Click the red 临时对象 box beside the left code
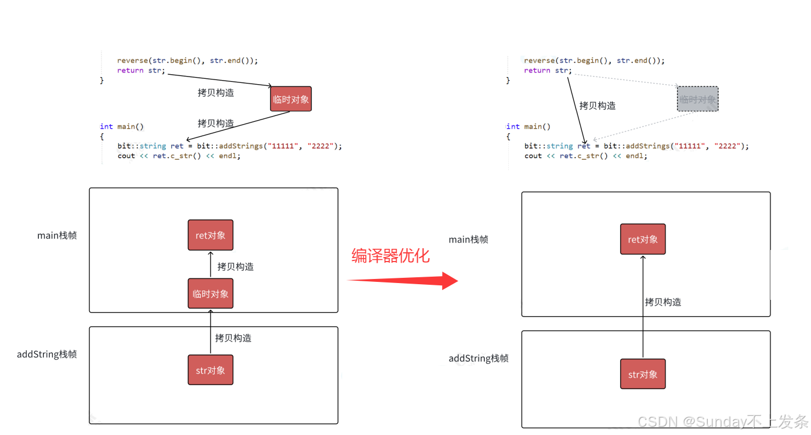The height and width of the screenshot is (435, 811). point(291,99)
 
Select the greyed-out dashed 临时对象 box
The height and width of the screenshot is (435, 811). point(698,99)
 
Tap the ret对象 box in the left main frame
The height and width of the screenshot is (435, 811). point(211,235)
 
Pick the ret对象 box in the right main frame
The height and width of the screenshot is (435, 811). point(643,239)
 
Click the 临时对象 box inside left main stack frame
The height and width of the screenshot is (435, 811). point(211,293)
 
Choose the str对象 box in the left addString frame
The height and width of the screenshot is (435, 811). point(211,370)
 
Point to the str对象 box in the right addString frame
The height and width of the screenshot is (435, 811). point(643,374)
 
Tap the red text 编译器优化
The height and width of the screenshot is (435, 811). point(390,255)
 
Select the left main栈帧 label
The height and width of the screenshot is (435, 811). point(57,235)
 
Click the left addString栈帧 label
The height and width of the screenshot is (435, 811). point(47,354)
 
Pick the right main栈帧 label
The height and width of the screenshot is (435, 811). point(468,240)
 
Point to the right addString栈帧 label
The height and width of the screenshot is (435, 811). point(479,358)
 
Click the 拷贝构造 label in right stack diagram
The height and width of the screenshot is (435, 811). point(663,302)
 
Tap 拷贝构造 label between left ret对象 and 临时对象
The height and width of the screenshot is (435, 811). point(236,267)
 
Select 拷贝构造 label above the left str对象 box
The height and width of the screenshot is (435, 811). point(233,338)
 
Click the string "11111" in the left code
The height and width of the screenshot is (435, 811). point(280,146)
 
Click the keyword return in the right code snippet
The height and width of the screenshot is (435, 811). point(537,70)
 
